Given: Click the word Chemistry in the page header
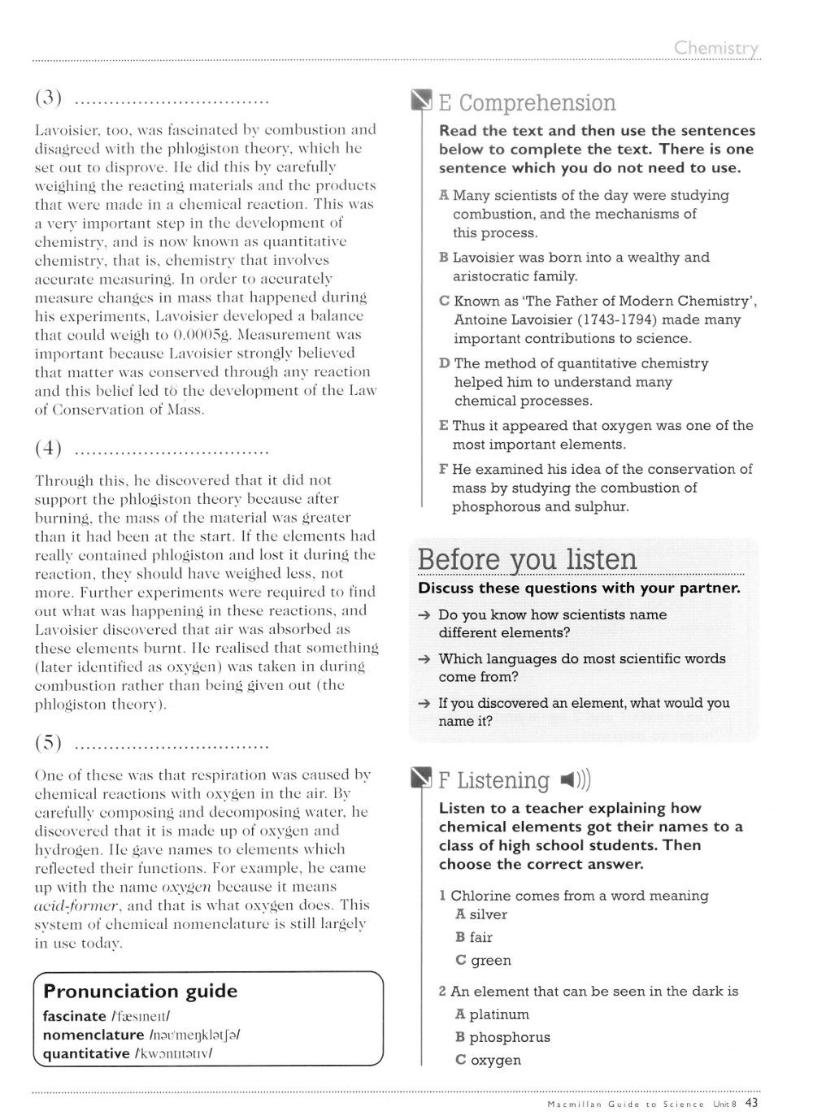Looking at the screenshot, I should click(715, 48).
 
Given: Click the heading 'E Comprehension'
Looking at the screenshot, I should click(527, 103).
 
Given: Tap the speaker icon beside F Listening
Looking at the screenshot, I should click(575, 781).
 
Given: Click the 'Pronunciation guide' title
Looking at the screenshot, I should click(140, 991).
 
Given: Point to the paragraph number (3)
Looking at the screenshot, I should click(50, 99).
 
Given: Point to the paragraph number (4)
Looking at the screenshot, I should click(50, 447).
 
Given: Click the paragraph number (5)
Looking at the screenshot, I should click(50, 742).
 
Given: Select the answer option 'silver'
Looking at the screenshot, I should click(488, 914).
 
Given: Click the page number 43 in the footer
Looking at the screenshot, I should click(751, 1103).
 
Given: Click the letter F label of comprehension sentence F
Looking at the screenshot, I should click(443, 469).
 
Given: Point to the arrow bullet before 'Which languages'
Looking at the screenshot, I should click(424, 659).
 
